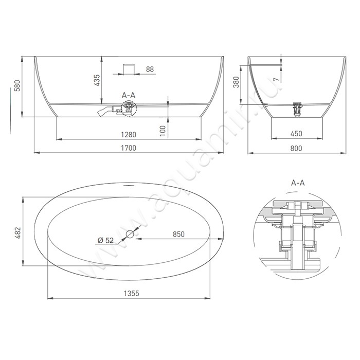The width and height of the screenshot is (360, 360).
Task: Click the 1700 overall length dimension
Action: [x=129, y=148]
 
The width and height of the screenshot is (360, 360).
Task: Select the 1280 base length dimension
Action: [x=129, y=135]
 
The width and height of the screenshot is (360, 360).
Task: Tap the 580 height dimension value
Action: [x=17, y=85]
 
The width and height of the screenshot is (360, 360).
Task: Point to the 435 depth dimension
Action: [x=97, y=80]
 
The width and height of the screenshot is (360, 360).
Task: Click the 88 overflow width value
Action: [x=150, y=69]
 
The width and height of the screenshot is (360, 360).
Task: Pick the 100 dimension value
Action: [x=163, y=131]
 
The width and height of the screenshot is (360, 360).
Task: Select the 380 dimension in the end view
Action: [x=236, y=82]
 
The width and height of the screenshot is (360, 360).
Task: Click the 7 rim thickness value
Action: [x=277, y=79]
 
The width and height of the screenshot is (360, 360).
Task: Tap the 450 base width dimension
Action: [x=296, y=134]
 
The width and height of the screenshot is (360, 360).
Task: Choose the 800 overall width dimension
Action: [x=296, y=148]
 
